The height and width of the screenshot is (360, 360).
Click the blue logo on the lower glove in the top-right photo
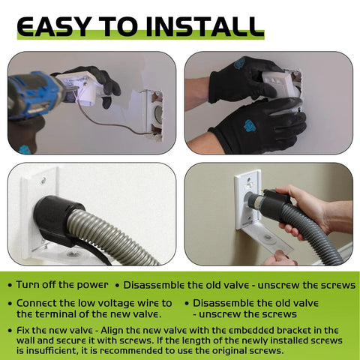249,125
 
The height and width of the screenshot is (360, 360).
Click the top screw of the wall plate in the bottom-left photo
43,180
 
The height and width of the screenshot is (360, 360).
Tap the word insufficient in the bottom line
52,351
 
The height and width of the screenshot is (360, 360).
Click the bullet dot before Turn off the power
10,286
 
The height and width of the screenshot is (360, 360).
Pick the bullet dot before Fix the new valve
10,331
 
